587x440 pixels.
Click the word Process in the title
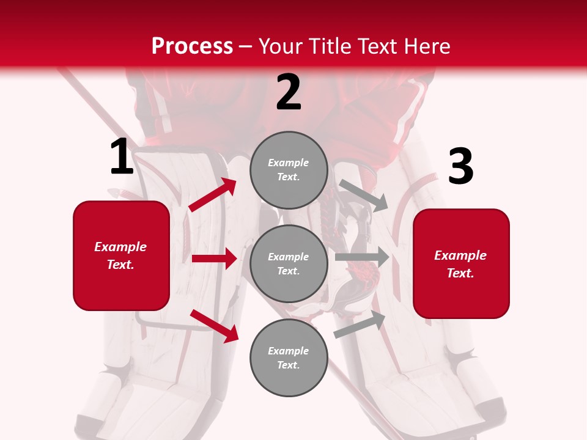coord(192,46)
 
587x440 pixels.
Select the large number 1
coord(122,157)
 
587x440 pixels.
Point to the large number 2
coord(289,92)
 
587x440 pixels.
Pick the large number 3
coord(460,167)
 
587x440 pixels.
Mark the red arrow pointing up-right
coord(213,195)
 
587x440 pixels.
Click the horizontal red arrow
coord(214,258)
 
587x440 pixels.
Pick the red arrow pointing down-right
coord(214,326)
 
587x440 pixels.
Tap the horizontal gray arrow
coord(362,257)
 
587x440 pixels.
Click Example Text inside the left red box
coord(120,255)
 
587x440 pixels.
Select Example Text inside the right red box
coord(460,264)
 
